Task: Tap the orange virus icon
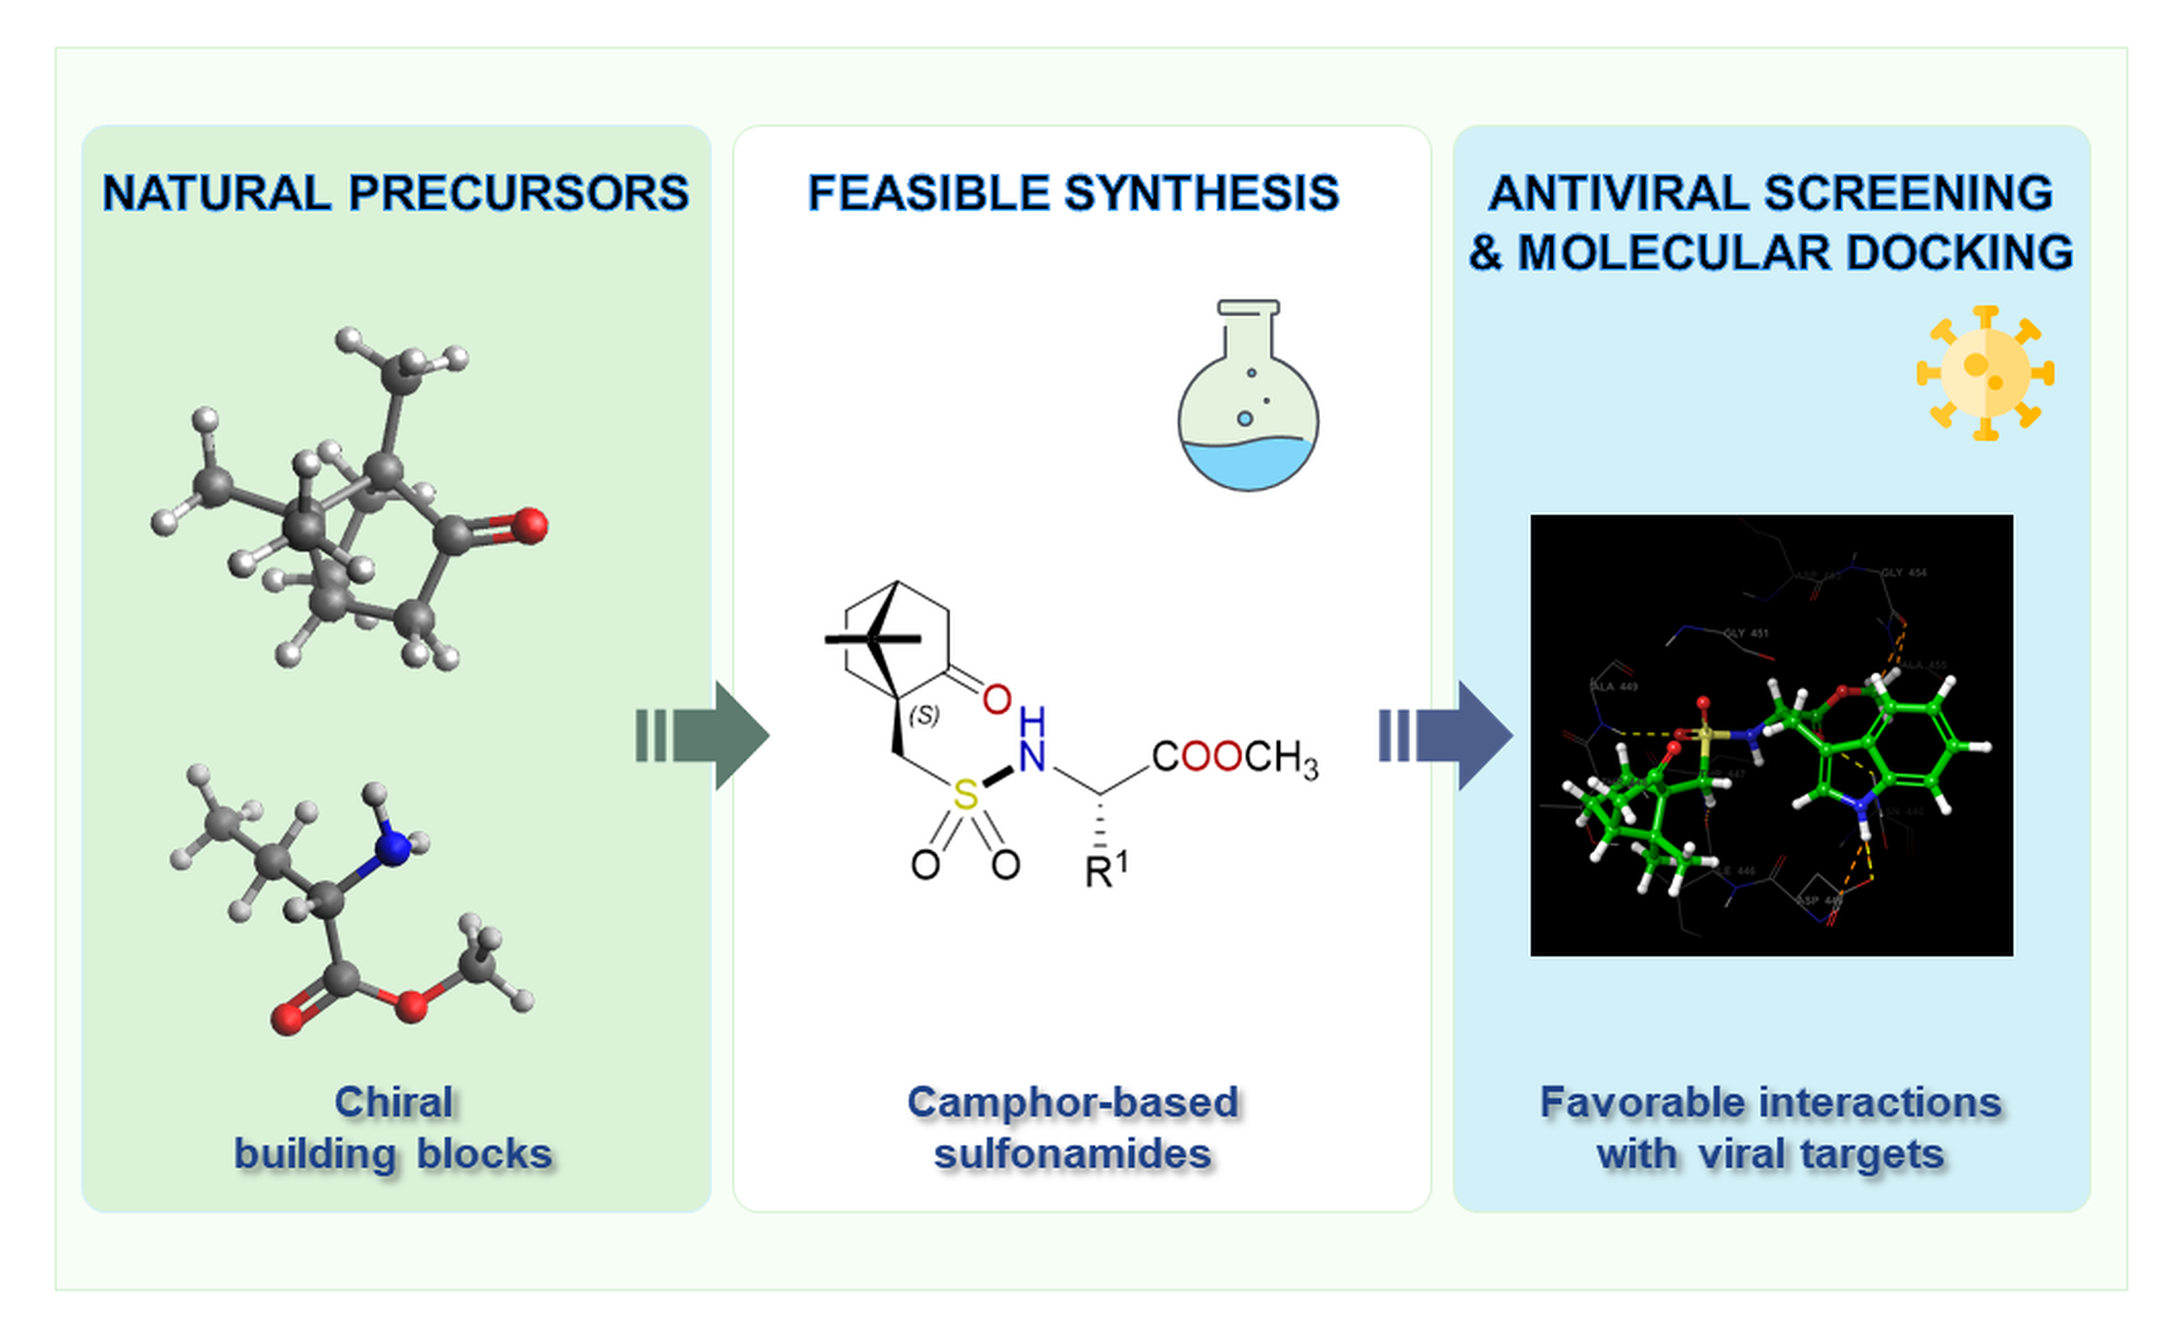pos(1985,372)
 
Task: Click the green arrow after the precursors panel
pos(706,734)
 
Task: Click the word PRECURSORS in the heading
pos(518,193)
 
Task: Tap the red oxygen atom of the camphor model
pos(529,525)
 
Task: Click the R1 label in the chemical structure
pos(1105,870)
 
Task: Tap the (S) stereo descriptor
pos(924,714)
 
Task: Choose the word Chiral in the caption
pos(393,1101)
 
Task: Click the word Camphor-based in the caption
pos(1072,1101)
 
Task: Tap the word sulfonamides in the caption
pos(1072,1153)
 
